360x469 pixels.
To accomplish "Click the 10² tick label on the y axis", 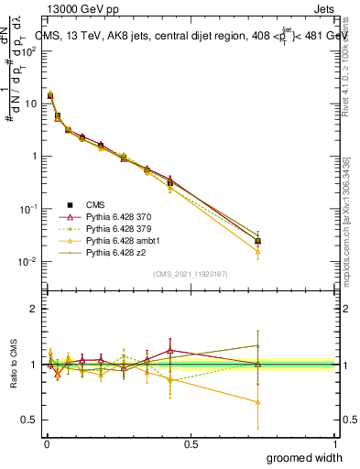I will click(29, 50).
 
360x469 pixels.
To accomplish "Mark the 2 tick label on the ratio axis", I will click(33, 309).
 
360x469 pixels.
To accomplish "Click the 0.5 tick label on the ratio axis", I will click(29, 420).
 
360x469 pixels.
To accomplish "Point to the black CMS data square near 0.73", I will click(258, 242).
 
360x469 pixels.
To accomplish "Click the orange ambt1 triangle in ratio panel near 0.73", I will click(258, 402).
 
